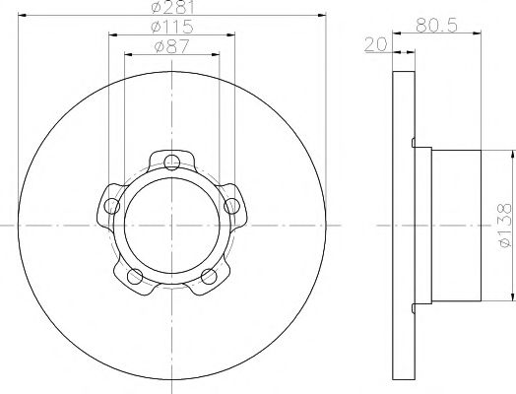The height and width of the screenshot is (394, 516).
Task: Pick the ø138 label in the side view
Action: pos(502,225)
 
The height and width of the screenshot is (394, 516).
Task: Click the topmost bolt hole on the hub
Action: pos(172,163)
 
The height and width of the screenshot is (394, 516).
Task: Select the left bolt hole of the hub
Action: pos(111,206)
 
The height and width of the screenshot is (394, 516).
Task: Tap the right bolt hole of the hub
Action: pos(232,205)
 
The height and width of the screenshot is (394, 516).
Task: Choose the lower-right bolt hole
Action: pos(209,277)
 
